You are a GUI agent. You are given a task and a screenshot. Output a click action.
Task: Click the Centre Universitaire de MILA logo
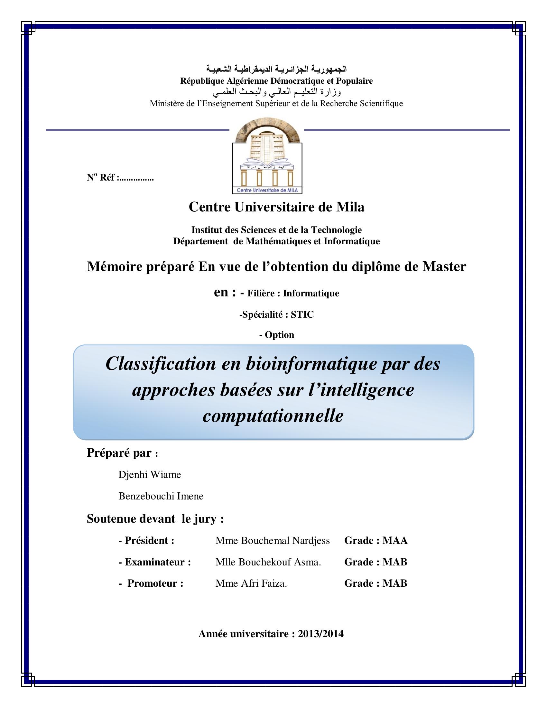267,156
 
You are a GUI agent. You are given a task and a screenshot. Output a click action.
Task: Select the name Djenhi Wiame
149,475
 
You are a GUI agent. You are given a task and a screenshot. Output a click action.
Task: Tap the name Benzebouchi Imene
161,496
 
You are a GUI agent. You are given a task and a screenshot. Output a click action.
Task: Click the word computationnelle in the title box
273,415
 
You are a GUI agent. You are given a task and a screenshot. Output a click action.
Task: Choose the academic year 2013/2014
320,633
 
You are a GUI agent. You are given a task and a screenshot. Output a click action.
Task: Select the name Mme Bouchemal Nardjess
272,540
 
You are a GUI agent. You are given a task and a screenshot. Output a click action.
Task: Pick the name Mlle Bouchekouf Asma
268,562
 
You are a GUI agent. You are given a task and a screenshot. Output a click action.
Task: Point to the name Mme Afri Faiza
251,583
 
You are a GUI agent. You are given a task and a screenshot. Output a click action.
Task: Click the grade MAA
395,540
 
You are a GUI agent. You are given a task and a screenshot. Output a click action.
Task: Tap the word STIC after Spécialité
302,314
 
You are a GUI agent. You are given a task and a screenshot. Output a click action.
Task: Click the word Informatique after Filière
311,293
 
